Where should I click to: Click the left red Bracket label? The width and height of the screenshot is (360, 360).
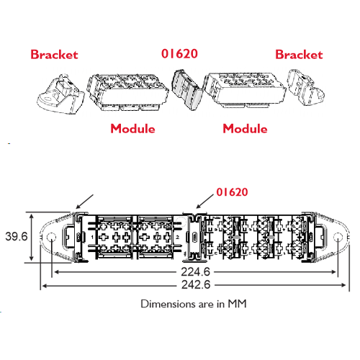(x=54, y=55)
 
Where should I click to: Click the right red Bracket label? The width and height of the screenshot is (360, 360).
(x=299, y=55)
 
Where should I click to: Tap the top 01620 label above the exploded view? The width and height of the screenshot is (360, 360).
(x=179, y=53)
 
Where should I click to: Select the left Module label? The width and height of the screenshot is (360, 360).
(x=132, y=128)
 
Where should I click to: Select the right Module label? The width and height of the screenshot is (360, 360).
(x=245, y=128)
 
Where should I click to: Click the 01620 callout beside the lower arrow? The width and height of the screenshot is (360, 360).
(x=232, y=192)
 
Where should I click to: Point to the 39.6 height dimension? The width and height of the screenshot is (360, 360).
(x=17, y=236)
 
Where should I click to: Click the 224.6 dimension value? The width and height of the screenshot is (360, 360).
(x=195, y=272)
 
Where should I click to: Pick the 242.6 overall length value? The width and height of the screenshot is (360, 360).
(x=196, y=285)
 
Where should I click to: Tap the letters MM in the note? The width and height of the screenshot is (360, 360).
(x=237, y=304)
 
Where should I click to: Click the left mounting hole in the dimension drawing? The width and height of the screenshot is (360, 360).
(x=51, y=238)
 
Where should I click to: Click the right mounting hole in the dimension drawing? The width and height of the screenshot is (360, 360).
(x=338, y=238)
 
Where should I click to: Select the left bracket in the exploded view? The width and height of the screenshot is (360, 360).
(x=60, y=94)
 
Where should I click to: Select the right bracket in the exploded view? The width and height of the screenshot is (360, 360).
(x=306, y=87)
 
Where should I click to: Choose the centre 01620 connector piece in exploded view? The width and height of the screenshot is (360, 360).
(x=187, y=90)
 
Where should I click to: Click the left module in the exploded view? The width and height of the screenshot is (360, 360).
(x=127, y=92)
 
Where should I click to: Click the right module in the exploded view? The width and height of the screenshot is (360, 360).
(x=245, y=89)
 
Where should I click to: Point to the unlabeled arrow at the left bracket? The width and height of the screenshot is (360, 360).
(x=84, y=202)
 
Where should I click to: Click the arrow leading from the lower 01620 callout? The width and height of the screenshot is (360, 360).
(x=205, y=201)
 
